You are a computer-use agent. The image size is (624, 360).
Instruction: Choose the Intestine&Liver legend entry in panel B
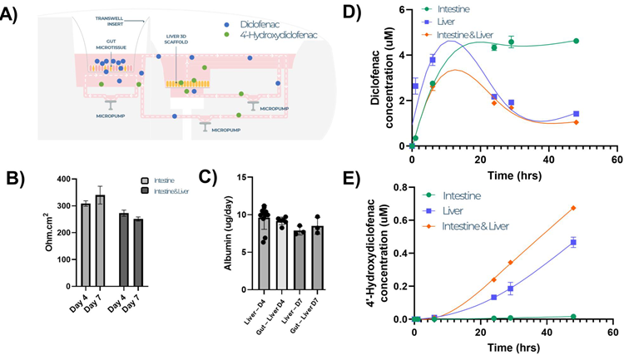click(163, 192)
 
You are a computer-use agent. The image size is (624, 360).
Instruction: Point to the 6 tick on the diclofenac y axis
click(404, 10)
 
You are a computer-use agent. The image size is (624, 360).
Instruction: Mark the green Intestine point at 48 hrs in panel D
click(576, 41)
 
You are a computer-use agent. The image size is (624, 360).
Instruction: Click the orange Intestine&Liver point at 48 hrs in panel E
click(572, 208)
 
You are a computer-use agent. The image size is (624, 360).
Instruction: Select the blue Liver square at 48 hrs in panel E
click(572, 242)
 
